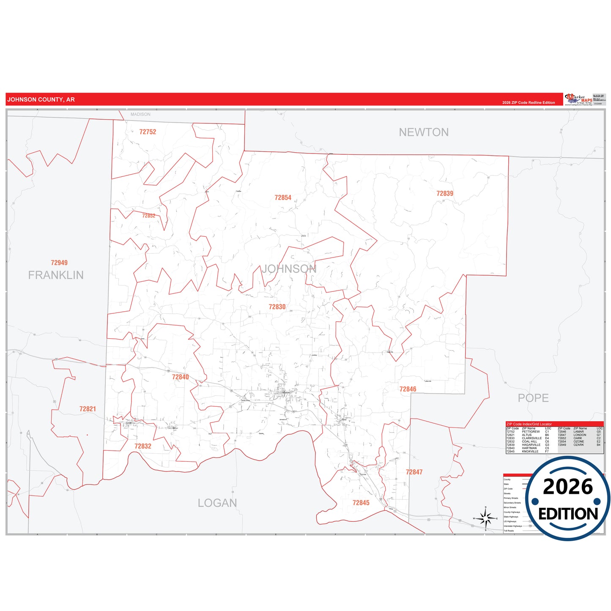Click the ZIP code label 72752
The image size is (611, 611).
point(148,132)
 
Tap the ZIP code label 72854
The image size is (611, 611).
point(283,197)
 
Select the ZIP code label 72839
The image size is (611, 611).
point(444,193)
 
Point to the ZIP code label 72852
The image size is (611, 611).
point(148,216)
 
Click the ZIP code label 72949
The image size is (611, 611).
point(59,263)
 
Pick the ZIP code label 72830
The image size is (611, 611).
point(277,307)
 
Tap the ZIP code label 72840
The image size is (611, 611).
point(180,377)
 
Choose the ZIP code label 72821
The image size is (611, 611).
point(88,409)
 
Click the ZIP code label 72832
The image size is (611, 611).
point(142,446)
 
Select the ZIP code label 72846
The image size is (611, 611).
point(408,389)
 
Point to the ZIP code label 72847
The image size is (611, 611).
point(414,472)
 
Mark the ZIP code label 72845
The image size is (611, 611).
point(361,503)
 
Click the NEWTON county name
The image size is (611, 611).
point(424,132)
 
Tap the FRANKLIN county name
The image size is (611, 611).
point(56,275)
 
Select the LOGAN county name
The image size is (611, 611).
point(217,503)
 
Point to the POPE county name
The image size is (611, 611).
point(533,398)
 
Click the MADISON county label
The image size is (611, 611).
point(140,114)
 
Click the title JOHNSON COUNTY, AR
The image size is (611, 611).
point(41,100)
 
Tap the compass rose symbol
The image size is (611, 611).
point(485,518)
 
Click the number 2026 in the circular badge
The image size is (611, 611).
point(567,487)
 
